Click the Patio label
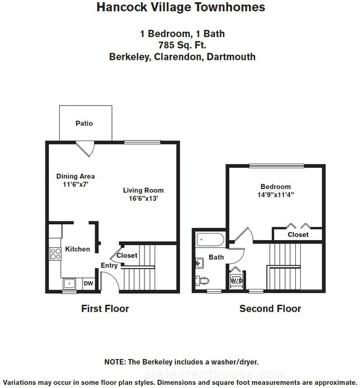(x=84, y=123)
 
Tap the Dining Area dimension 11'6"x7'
(x=75, y=184)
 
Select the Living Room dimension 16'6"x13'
(x=143, y=198)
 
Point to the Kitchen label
(x=78, y=249)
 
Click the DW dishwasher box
(x=89, y=283)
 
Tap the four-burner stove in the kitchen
(x=55, y=254)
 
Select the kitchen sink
(x=69, y=283)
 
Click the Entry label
(x=109, y=266)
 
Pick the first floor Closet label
(x=127, y=255)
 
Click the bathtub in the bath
(x=210, y=240)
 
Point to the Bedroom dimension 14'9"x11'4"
(x=276, y=195)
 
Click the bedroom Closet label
(x=298, y=235)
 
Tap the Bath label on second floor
(x=216, y=257)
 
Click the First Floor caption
(x=105, y=309)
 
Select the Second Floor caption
(x=270, y=309)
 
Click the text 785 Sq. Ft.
(x=182, y=45)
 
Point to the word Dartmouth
(x=231, y=57)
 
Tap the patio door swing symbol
(x=85, y=149)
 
